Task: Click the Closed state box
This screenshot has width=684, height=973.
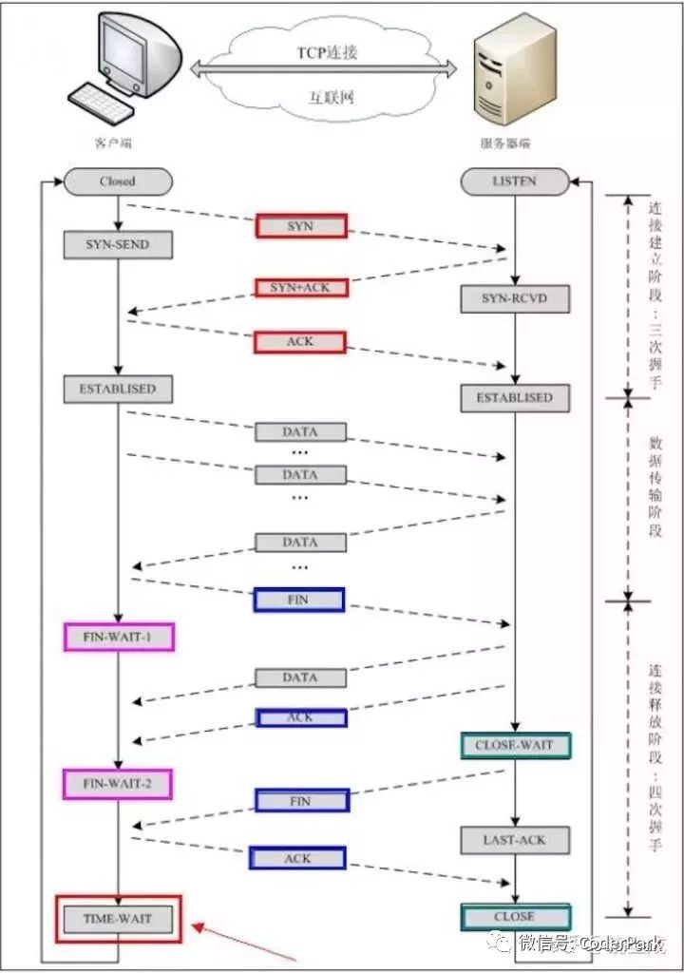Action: click(118, 181)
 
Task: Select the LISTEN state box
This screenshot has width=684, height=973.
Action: click(515, 181)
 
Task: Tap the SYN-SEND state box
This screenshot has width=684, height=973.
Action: click(119, 245)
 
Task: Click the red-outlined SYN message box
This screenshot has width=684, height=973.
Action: click(300, 226)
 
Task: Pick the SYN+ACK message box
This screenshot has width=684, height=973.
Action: click(300, 287)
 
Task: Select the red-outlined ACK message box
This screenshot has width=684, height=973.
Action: click(300, 341)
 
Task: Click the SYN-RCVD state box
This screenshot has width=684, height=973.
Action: click(515, 300)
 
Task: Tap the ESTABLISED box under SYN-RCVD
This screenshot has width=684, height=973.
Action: click(515, 397)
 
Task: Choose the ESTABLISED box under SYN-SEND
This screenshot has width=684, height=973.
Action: click(119, 388)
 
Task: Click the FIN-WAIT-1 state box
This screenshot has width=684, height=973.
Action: click(119, 637)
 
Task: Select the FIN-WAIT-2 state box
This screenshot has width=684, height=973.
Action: click(119, 784)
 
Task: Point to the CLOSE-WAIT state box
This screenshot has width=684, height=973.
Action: click(515, 746)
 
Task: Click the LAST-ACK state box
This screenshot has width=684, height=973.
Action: click(515, 840)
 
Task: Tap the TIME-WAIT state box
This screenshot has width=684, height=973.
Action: click(119, 919)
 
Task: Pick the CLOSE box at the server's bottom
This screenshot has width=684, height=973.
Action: click(515, 917)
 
